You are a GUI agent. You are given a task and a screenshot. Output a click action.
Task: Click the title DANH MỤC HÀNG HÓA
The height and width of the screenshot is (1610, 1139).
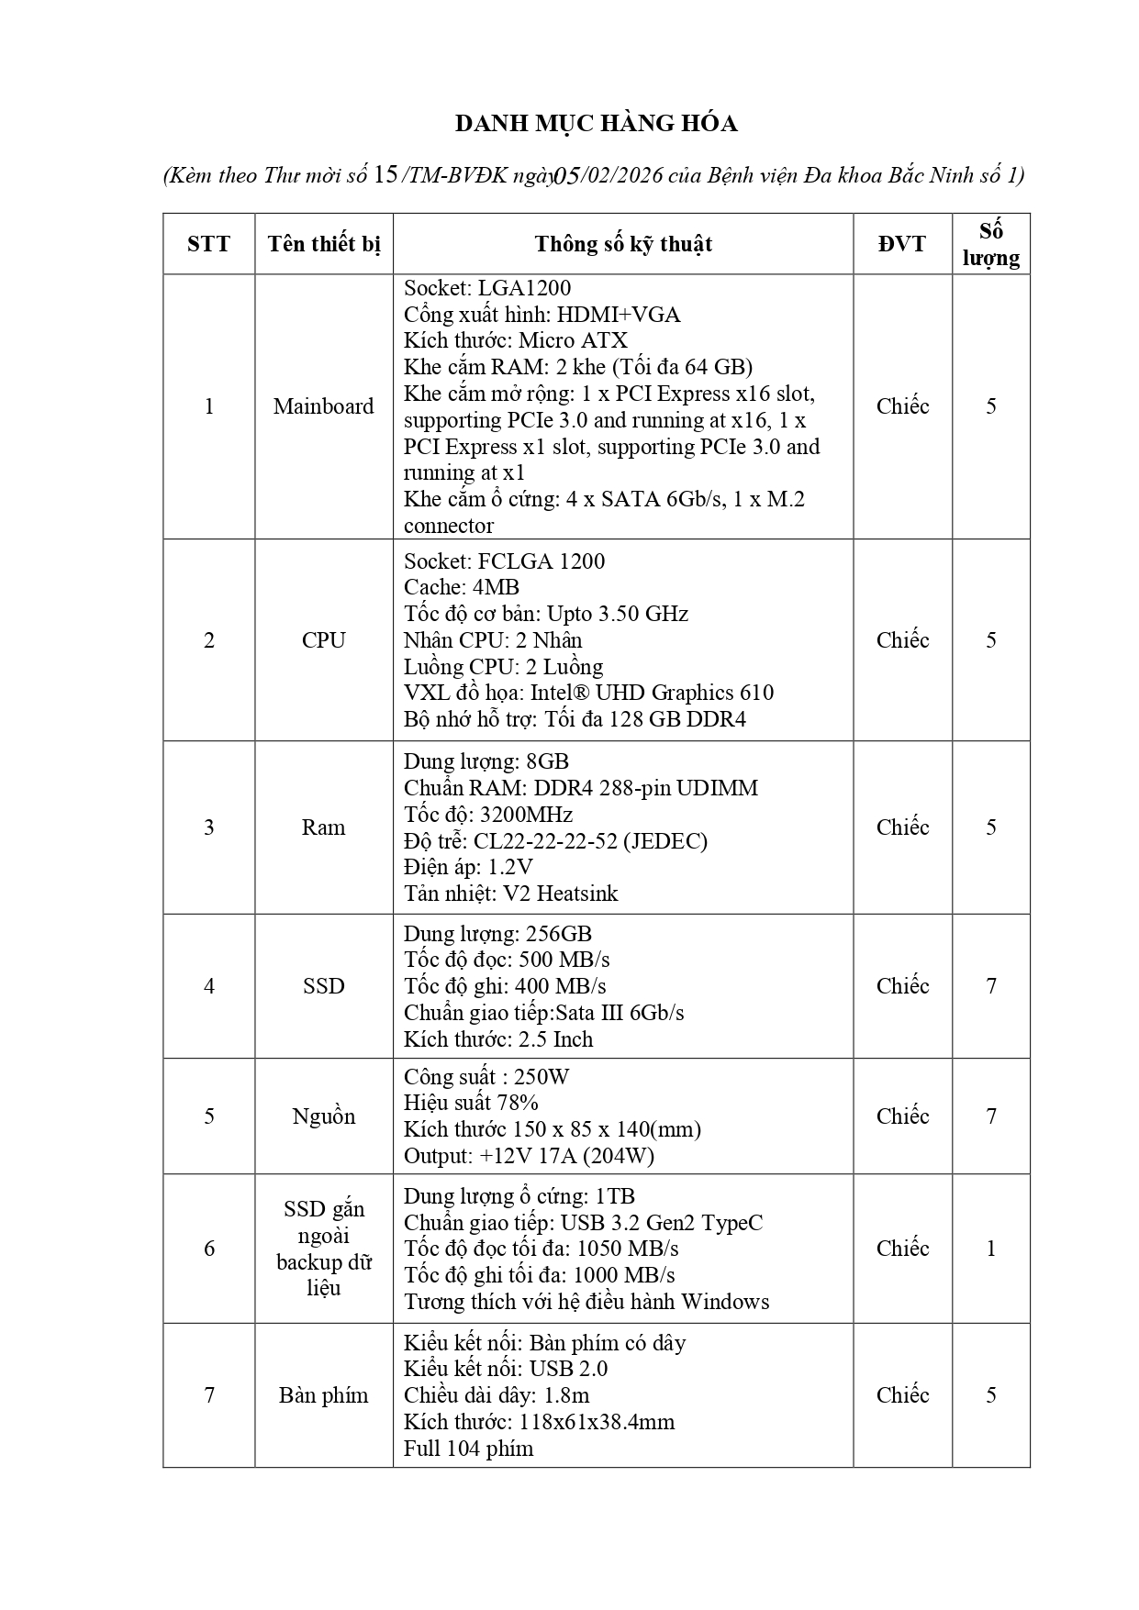tap(597, 124)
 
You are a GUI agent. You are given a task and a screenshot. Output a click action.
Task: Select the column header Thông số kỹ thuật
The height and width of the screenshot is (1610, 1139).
tap(623, 244)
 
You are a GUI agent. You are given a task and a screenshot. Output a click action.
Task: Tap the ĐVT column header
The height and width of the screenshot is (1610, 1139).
tap(902, 244)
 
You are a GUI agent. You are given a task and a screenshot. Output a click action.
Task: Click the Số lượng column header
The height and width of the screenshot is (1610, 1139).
tap(990, 244)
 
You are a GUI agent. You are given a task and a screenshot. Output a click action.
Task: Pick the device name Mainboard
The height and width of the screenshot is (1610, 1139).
tap(323, 406)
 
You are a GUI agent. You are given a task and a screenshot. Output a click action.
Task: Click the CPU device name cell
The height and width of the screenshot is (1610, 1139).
tap(323, 640)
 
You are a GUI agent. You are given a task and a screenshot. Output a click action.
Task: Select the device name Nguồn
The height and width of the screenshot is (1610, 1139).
tap(323, 1116)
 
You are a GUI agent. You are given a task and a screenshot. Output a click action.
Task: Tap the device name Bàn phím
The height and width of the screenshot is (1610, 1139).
tap(323, 1395)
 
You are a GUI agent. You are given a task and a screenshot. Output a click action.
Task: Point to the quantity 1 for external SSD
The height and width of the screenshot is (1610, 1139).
tap(990, 1249)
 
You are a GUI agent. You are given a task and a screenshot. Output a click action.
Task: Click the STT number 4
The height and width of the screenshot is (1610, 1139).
tap(209, 986)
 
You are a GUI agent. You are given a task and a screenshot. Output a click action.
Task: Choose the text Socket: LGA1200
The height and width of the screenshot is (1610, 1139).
tap(487, 289)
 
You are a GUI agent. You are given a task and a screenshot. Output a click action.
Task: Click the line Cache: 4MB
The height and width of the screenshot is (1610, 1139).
tap(462, 587)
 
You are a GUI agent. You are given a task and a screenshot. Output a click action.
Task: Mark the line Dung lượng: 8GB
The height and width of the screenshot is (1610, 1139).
tap(486, 761)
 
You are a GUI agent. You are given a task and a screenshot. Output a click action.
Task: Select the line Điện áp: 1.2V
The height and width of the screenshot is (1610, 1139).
tap(468, 867)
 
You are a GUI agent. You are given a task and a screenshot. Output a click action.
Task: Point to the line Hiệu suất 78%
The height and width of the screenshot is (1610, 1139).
tap(471, 1103)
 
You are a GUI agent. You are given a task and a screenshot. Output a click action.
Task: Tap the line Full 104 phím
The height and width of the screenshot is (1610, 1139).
tap(468, 1449)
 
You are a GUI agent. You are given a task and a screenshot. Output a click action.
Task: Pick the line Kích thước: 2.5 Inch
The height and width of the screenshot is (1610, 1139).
tap(498, 1039)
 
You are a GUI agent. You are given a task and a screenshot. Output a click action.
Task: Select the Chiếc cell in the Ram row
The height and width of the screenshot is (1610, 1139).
tap(902, 827)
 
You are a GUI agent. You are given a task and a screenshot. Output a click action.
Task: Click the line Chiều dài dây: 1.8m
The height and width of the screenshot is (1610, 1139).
tap(497, 1395)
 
